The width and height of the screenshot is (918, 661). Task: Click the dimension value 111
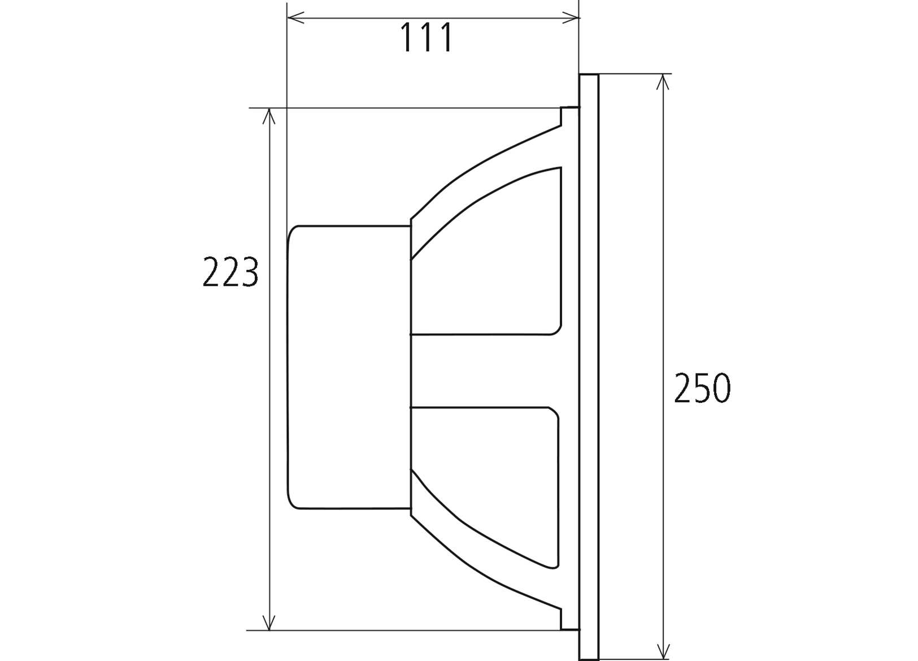tap(427, 38)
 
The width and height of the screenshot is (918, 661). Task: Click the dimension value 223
tap(230, 272)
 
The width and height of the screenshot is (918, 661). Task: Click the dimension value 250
tap(702, 389)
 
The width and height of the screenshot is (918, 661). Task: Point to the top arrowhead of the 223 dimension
tap(269, 116)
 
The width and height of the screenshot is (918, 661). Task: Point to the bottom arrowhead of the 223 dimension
tap(269, 622)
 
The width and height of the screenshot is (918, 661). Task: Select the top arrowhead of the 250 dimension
tap(663, 82)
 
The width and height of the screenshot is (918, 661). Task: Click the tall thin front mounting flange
tap(589, 367)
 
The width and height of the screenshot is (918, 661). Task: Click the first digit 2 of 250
tap(683, 389)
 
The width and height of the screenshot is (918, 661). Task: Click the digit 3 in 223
tap(249, 272)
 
